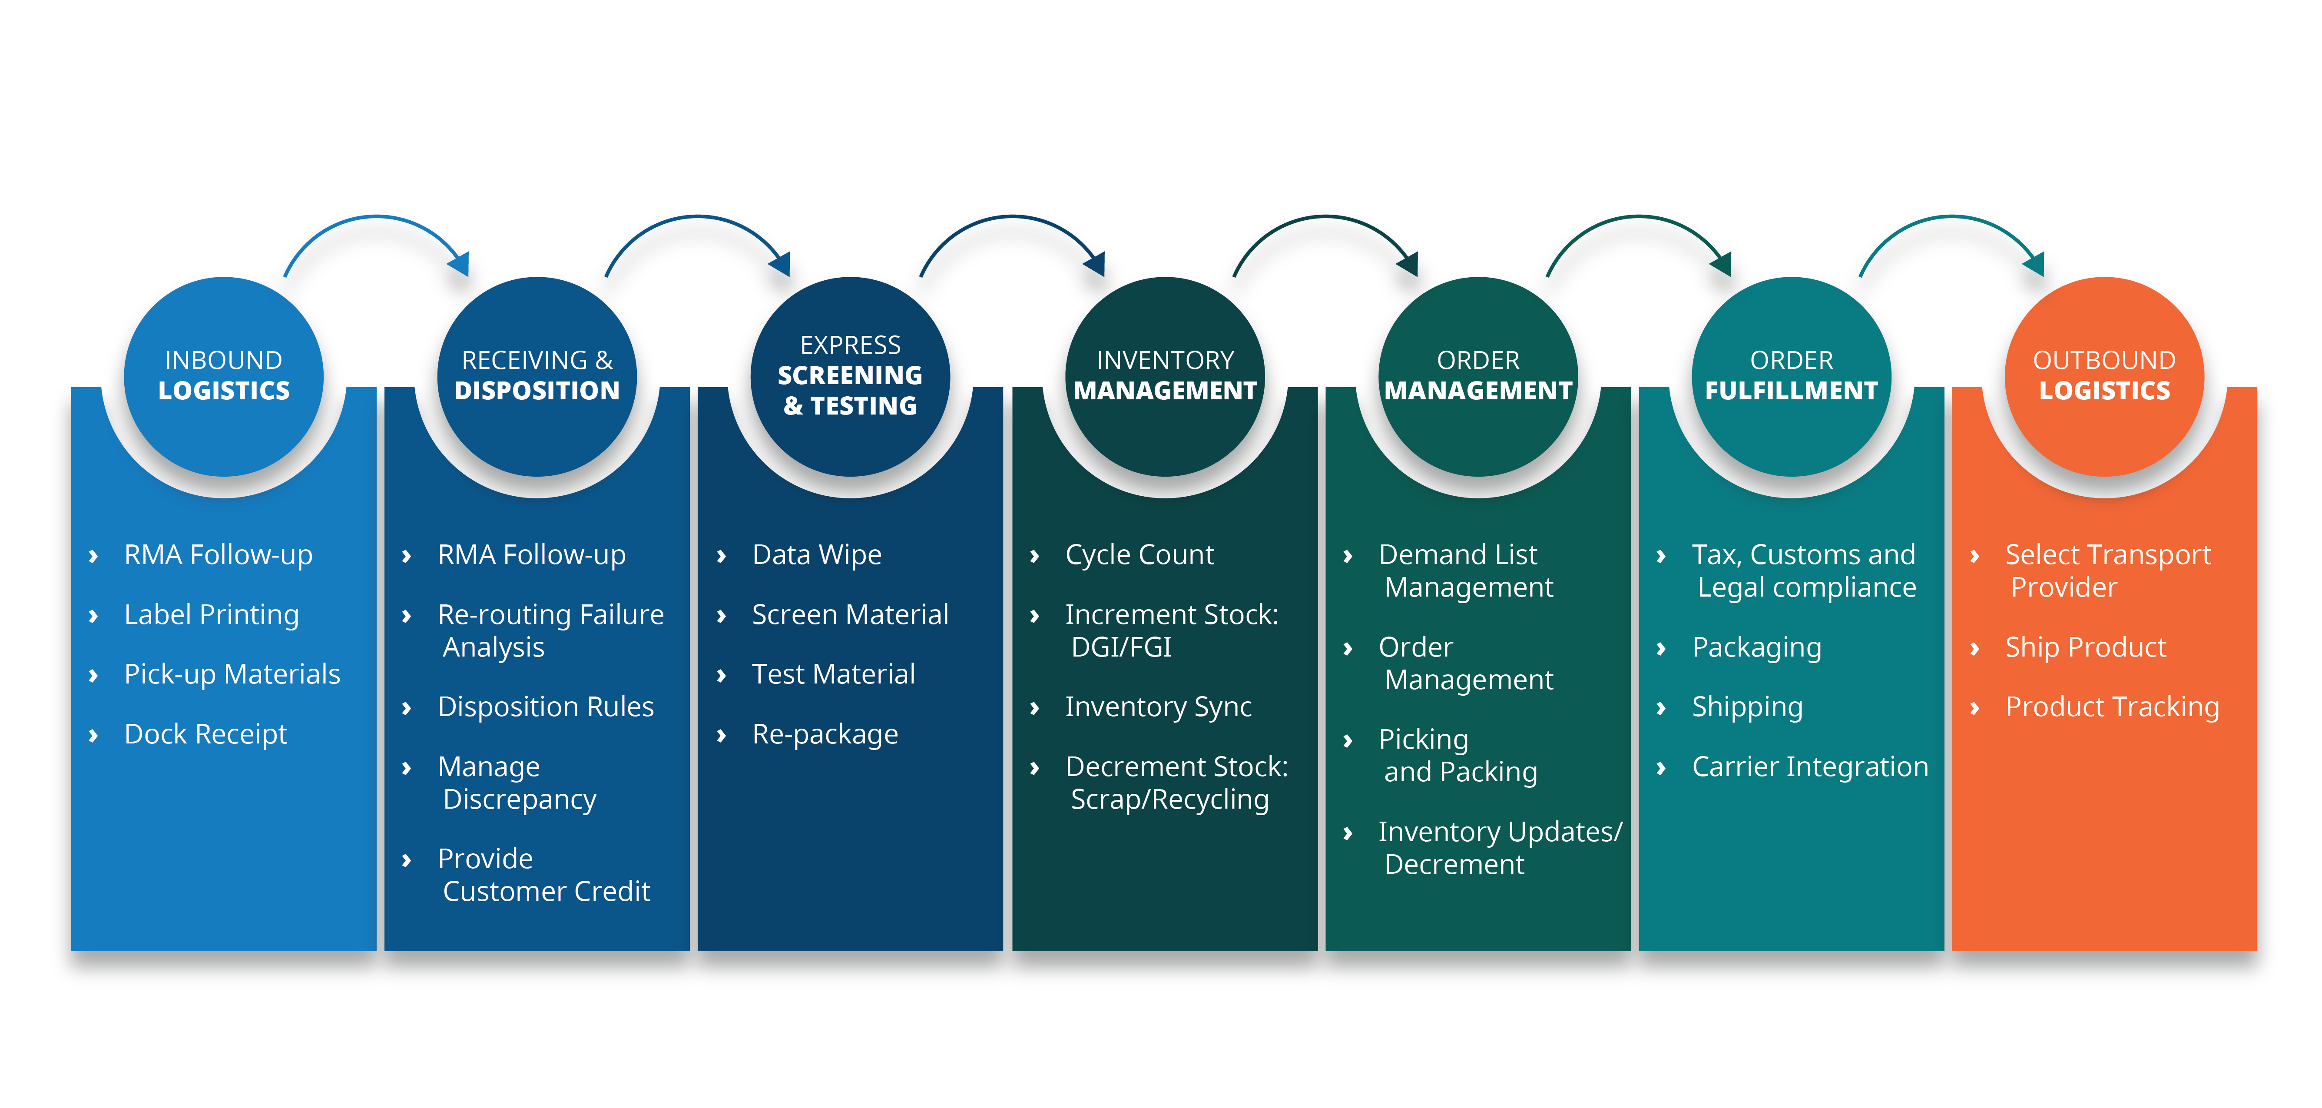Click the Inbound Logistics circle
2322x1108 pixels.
pos(224,376)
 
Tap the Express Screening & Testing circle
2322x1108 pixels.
pos(850,376)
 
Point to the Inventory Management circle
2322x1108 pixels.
pos(1165,376)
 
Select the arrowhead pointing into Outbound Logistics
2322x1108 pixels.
pos(2034,263)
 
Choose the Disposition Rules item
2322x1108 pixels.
pos(545,707)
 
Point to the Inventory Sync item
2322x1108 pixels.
pos(1158,707)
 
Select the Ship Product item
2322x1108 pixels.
pos(2085,647)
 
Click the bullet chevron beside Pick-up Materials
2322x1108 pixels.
pos(93,675)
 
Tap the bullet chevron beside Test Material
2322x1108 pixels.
pos(721,675)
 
